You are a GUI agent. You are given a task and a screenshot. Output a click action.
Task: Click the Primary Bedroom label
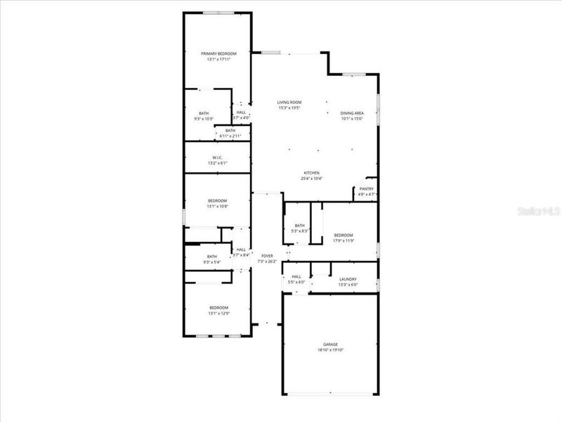[218, 54]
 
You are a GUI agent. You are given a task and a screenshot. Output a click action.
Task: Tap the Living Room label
[289, 102]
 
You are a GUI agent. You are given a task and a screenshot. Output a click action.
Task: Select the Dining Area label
[352, 113]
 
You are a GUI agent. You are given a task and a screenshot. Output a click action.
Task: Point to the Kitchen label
[312, 173]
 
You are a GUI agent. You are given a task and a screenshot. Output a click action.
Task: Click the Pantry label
[367, 188]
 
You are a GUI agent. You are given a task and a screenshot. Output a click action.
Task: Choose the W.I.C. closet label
[218, 157]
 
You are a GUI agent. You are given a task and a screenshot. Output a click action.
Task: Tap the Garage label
[330, 344]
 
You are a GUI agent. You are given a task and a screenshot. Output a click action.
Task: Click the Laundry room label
[348, 279]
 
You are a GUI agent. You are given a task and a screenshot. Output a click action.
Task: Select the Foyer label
[267, 256]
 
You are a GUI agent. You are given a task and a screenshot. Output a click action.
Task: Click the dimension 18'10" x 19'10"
[330, 350]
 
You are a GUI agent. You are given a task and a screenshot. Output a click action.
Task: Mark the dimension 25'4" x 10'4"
[312, 179]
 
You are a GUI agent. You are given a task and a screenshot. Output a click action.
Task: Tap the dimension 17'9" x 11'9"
[343, 241]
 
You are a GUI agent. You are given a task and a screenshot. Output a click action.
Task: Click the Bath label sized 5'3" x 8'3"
[300, 225]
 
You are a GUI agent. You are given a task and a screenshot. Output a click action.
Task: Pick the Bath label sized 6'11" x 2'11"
[230, 130]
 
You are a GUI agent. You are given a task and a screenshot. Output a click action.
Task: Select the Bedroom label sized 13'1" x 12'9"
[218, 307]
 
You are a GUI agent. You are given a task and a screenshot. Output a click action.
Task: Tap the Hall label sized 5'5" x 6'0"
[296, 276]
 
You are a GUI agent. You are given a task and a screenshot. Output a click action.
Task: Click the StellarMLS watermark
[538, 210]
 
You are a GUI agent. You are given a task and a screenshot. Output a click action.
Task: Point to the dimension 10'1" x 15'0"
[352, 119]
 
